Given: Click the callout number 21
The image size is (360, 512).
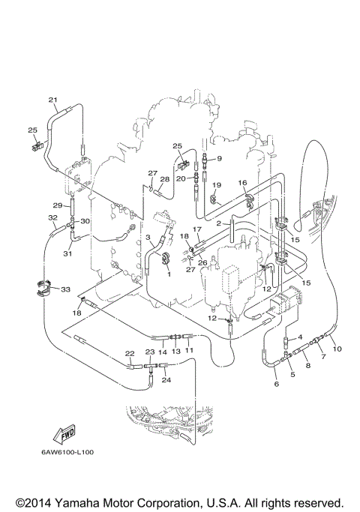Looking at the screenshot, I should coord(52,100).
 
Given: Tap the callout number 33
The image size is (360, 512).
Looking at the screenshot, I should coord(65,289).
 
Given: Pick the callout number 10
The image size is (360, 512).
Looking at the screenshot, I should coord(337,349).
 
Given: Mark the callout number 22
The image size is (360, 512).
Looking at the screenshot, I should coord(129,353).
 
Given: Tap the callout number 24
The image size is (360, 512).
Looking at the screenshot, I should coord(166,380).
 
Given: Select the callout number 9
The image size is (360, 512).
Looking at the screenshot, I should coord(220,158).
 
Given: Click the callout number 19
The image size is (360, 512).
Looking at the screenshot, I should coord(216,184).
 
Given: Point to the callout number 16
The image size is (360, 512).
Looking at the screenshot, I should coord(242,183).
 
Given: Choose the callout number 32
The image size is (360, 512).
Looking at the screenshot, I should coord(52,218).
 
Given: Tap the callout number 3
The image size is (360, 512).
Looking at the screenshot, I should coord(148,238).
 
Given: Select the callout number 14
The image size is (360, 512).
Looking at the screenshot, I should coord(162,351).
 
